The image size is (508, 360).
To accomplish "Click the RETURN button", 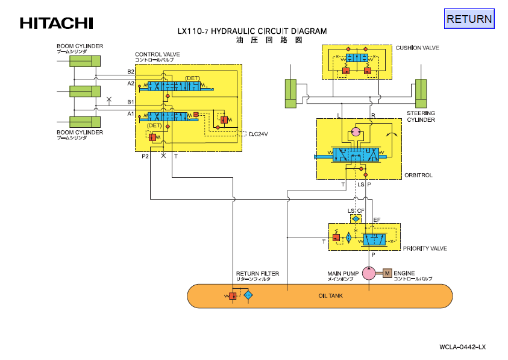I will [469, 19].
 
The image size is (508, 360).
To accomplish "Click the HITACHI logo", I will [57, 24].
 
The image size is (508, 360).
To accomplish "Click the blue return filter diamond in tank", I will [248, 296].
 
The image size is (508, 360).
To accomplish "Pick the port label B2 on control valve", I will [131, 72].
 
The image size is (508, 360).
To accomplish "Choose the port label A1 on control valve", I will [131, 113].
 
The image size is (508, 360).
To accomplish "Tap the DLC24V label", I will [258, 134].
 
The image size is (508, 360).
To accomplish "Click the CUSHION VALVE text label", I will [417, 48].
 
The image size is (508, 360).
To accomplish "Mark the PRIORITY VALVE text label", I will [425, 248].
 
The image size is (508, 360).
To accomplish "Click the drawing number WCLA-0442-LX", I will [462, 347].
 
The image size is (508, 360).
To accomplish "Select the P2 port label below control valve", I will [145, 156].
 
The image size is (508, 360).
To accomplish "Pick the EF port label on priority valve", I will [377, 220].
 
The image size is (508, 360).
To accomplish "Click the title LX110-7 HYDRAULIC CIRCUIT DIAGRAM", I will [252, 31].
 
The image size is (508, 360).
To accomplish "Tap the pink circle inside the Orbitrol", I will [356, 131].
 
